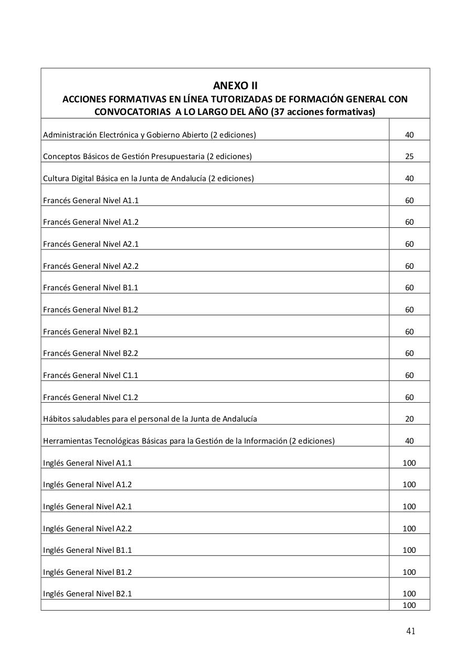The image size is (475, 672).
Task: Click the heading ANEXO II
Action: click(235, 86)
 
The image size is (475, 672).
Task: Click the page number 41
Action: click(410, 631)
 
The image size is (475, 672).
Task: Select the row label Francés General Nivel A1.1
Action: click(91, 201)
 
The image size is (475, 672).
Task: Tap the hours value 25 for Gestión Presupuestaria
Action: click(409, 156)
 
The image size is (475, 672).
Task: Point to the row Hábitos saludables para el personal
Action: click(150, 419)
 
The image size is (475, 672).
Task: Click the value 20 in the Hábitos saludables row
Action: click(409, 419)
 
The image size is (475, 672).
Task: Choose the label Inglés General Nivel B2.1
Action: click(87, 594)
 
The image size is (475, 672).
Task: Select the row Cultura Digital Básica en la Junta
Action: click(148, 178)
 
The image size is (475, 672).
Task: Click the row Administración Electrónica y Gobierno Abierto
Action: click(150, 135)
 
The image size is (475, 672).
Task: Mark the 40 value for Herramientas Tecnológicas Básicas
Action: click(409, 441)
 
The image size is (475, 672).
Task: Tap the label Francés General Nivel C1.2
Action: click(91, 397)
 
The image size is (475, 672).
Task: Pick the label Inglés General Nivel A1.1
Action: click(87, 463)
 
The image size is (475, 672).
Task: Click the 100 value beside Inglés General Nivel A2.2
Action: click(409, 529)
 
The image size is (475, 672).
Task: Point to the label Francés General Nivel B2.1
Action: click(91, 332)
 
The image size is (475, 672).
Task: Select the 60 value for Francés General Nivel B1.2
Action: click(409, 310)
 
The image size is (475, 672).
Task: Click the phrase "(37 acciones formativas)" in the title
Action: click(323, 112)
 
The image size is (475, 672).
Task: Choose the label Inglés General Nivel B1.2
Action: click(87, 572)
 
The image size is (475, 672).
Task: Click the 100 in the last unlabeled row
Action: click(409, 605)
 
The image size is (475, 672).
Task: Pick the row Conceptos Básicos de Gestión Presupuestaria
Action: click(147, 156)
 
